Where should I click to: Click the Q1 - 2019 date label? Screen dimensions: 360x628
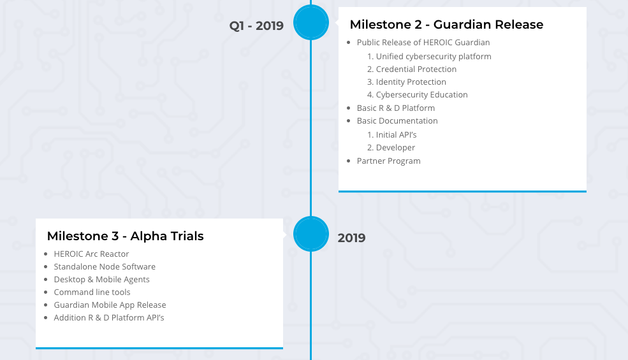pyautogui.click(x=256, y=26)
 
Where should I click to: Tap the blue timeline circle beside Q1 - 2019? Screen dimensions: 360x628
pyautogui.click(x=311, y=22)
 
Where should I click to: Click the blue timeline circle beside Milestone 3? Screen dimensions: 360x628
pyautogui.click(x=311, y=234)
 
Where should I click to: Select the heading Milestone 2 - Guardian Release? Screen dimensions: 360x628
pyautogui.click(x=446, y=25)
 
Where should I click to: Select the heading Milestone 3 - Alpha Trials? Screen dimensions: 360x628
pyautogui.click(x=125, y=236)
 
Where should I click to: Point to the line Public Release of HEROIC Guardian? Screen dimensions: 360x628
pyautogui.click(x=423, y=43)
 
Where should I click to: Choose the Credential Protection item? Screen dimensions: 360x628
pyautogui.click(x=416, y=69)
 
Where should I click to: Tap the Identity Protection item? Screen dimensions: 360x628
pyautogui.click(x=411, y=82)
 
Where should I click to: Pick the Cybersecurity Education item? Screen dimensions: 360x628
pyautogui.click(x=421, y=95)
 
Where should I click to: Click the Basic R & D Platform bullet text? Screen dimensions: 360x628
pyautogui.click(x=395, y=108)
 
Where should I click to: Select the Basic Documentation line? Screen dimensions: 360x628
pyautogui.click(x=397, y=121)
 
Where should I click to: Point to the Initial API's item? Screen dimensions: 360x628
pyautogui.click(x=396, y=135)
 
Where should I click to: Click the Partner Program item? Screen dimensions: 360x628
pyautogui.click(x=388, y=161)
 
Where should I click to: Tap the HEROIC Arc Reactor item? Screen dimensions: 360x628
pyautogui.click(x=91, y=254)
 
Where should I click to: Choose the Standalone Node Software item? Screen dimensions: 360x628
pyautogui.click(x=105, y=267)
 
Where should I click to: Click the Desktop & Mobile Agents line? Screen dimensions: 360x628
pyautogui.click(x=101, y=280)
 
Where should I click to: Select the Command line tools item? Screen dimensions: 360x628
pyautogui.click(x=92, y=292)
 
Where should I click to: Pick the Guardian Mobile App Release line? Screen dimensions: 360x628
pyautogui.click(x=110, y=305)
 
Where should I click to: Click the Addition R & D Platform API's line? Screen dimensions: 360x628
pyautogui.click(x=109, y=318)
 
